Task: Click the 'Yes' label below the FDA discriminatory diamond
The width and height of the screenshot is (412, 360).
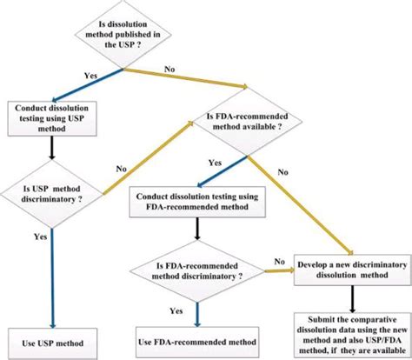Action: click(x=176, y=310)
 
